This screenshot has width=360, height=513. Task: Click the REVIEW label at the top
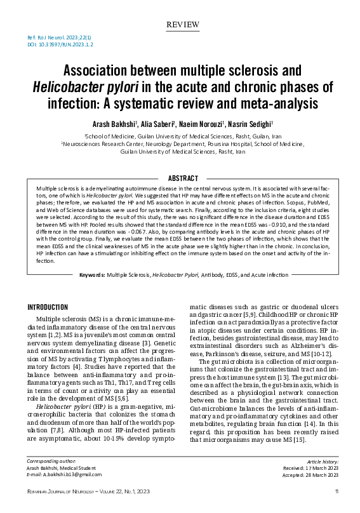pyautogui.click(x=182, y=24)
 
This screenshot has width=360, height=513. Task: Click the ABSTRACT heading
pyautogui.click(x=182, y=178)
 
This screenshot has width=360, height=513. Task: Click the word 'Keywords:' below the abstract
pyautogui.click(x=92, y=292)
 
